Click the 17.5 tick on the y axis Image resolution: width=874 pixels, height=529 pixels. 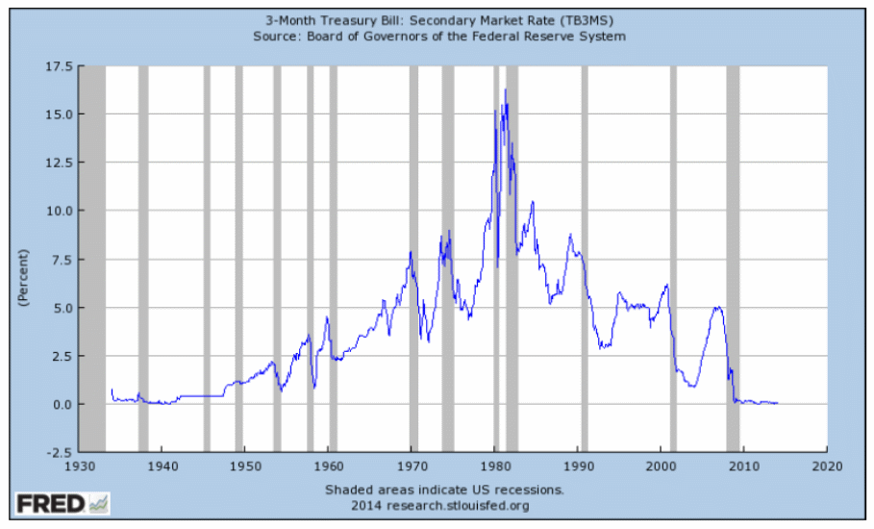(x=58, y=66)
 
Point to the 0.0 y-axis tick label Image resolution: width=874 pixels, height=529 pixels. (x=60, y=404)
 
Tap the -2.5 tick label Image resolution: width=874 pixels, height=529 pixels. (x=58, y=452)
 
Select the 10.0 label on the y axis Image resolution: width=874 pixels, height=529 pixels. (x=58, y=211)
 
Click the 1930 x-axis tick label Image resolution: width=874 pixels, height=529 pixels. (x=78, y=465)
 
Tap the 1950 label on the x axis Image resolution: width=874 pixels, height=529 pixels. (x=244, y=465)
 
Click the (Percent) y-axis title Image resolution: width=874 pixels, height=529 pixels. (x=23, y=278)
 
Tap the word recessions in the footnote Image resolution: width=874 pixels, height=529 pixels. (x=531, y=490)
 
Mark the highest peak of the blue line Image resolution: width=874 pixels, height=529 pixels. (x=505, y=89)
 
